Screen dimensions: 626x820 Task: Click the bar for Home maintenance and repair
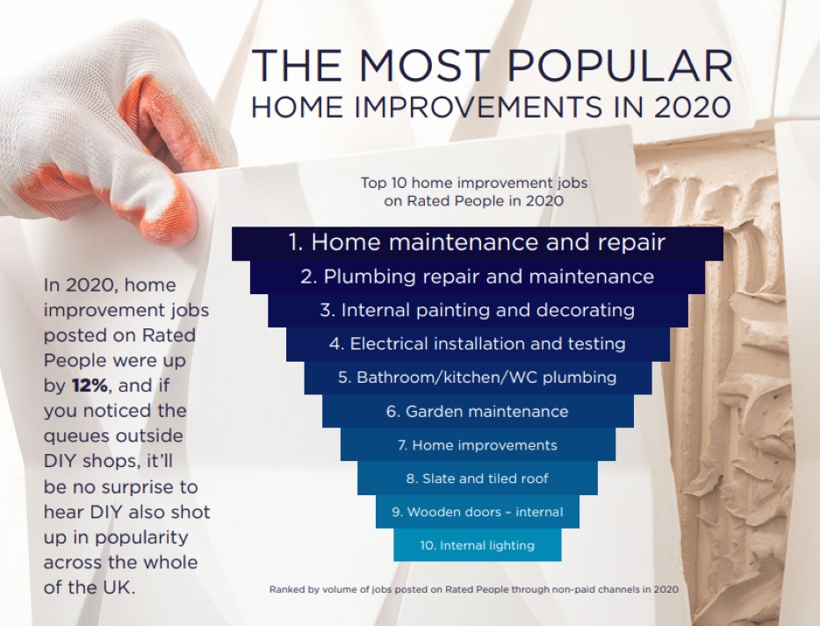477,242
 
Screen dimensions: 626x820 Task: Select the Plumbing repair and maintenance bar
477,277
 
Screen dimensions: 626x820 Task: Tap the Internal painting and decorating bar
477,310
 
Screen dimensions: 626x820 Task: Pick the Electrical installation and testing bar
477,344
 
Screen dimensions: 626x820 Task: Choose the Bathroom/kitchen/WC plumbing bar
477,378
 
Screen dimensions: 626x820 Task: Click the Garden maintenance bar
477,411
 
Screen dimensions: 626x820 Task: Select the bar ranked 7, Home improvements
477,445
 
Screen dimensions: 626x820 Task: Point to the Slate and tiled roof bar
477,478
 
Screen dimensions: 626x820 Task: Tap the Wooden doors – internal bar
477,512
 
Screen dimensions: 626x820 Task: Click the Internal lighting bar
477,545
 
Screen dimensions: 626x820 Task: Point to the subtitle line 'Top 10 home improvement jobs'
474,183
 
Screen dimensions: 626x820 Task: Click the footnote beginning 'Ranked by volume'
474,590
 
